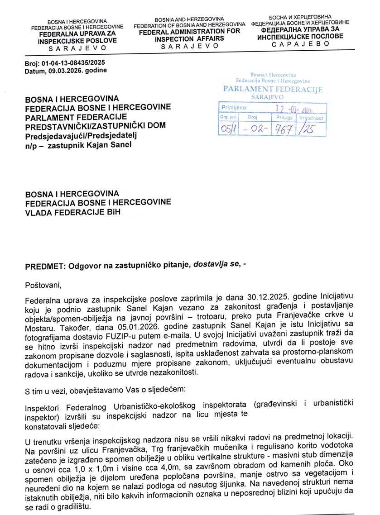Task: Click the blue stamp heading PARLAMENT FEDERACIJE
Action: [x=273, y=89]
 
